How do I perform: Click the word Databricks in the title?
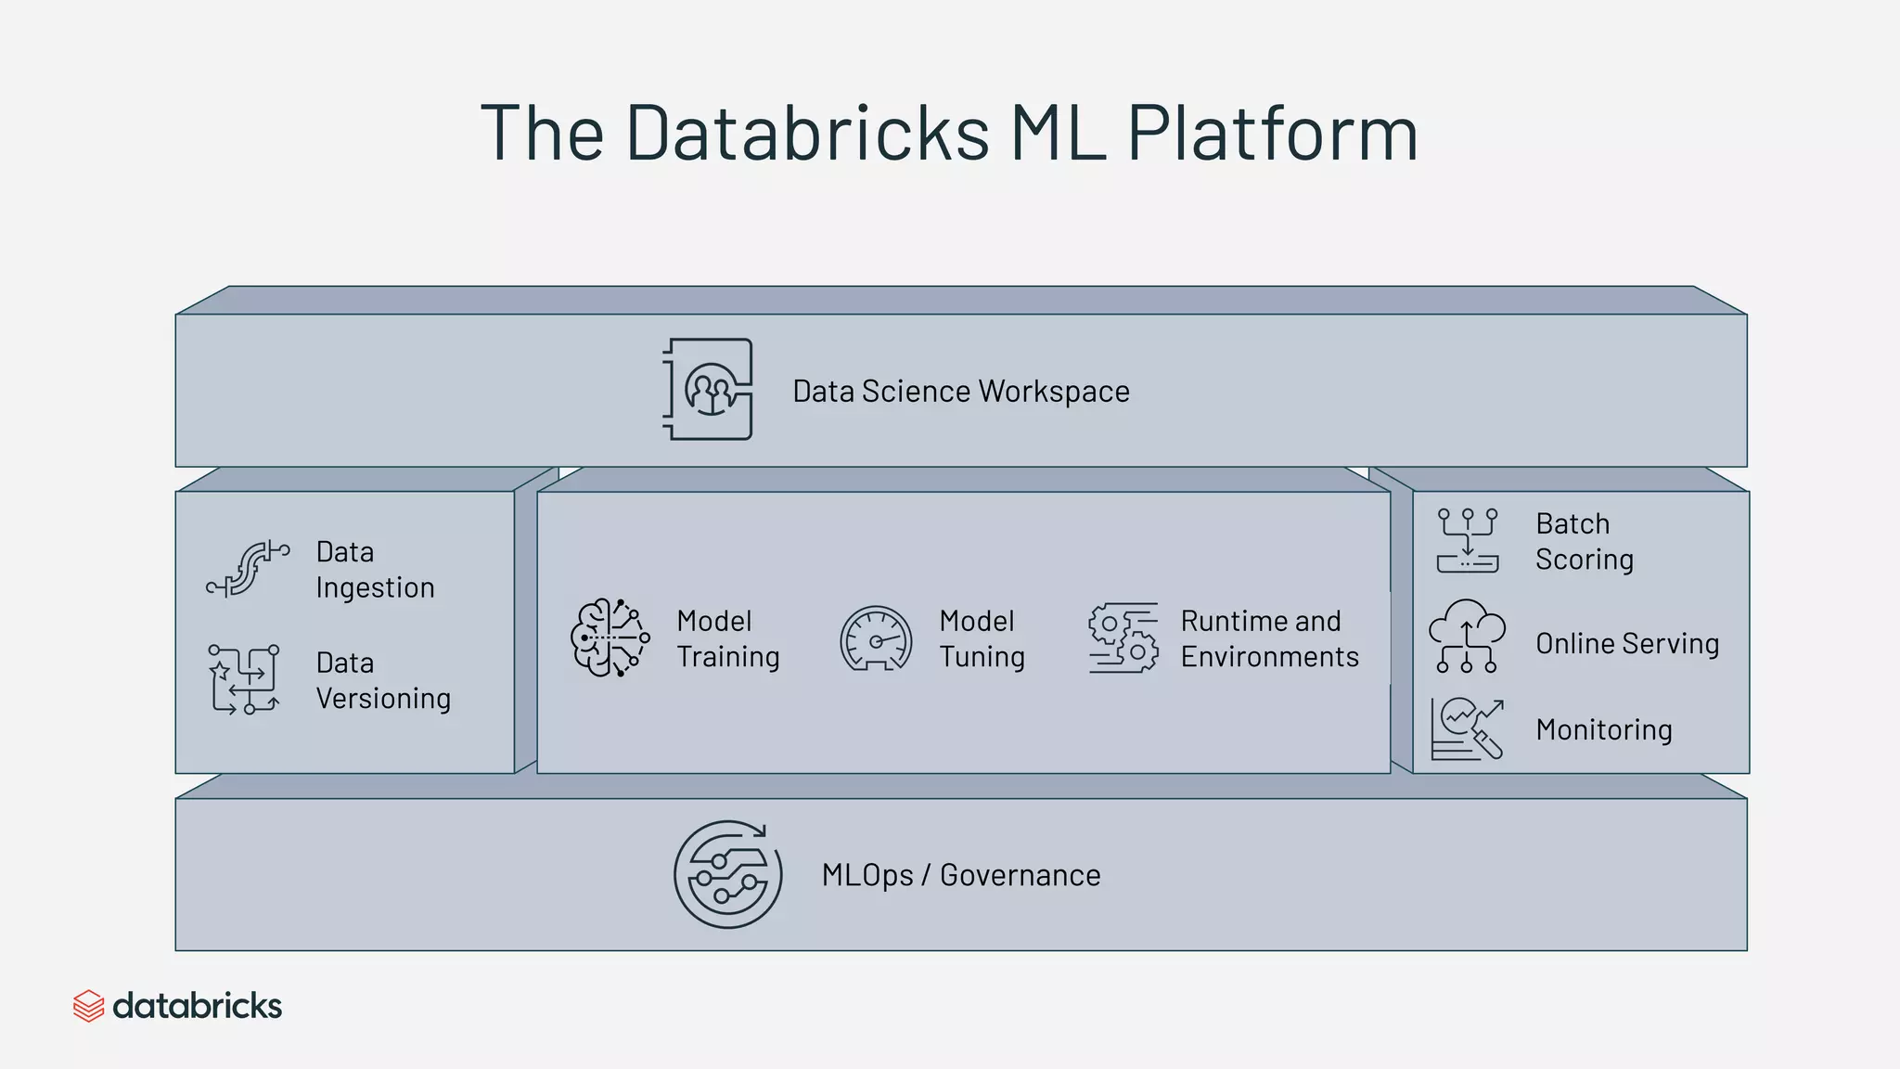pos(807,133)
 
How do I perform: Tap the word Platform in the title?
pos(1272,133)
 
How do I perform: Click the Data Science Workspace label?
pos(960,392)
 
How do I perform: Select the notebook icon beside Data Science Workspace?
pos(709,389)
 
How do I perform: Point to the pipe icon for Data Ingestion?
pos(247,568)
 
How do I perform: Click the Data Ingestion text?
pos(375,570)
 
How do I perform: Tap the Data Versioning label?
pos(382,680)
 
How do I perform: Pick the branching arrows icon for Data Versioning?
pos(244,679)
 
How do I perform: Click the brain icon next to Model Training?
pos(610,638)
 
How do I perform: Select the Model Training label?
pos(727,638)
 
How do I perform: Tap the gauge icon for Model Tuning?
pos(875,638)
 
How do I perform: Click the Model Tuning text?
pos(982,638)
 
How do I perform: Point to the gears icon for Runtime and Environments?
pos(1123,638)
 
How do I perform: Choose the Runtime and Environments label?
pos(1269,638)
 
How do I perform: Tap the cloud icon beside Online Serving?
pos(1467,636)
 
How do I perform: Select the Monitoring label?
pos(1604,729)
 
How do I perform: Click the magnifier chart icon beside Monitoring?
pos(1467,728)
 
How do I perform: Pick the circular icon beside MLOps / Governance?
pos(727,874)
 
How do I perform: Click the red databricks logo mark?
pos(88,1006)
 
